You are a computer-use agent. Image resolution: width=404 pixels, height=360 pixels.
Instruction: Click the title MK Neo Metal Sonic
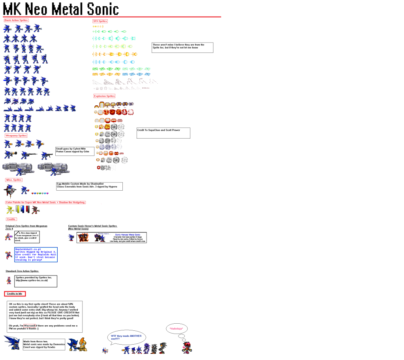[61, 9]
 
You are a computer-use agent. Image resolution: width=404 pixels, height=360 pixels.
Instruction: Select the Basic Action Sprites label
[16, 20]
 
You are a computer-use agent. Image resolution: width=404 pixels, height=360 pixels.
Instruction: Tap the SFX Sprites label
[100, 21]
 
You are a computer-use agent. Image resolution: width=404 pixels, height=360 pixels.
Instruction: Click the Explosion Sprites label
[104, 96]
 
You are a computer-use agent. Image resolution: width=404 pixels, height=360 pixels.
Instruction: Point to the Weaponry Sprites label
[16, 135]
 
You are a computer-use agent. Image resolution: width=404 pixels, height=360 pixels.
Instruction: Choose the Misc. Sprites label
[14, 180]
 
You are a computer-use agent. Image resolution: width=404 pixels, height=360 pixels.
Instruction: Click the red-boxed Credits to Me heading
[15, 294]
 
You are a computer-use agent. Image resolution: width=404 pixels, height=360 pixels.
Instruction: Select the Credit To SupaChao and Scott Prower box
[163, 133]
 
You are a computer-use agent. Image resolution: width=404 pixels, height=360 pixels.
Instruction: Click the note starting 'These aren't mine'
[182, 47]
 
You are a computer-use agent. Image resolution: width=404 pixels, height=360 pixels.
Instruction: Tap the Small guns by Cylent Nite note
[75, 151]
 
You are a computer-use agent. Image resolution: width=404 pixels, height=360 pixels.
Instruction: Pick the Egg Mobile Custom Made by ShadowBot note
[89, 186]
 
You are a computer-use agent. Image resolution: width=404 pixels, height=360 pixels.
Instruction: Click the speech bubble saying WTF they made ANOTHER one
[126, 337]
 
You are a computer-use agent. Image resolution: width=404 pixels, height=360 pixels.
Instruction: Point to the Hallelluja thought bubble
[176, 328]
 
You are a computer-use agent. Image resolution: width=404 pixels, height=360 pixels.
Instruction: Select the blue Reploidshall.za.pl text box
[36, 255]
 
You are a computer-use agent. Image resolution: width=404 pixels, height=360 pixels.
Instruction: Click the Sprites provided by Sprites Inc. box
[36, 281]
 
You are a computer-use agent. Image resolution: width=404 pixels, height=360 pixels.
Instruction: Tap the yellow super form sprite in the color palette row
[10, 210]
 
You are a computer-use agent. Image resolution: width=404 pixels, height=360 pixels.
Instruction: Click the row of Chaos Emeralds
[40, 193]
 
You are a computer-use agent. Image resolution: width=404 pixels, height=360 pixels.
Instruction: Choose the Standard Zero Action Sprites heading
[22, 271]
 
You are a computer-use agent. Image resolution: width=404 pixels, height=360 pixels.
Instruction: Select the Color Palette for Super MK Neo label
[45, 202]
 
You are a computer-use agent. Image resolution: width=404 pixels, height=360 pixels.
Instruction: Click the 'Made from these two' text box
[43, 344]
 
